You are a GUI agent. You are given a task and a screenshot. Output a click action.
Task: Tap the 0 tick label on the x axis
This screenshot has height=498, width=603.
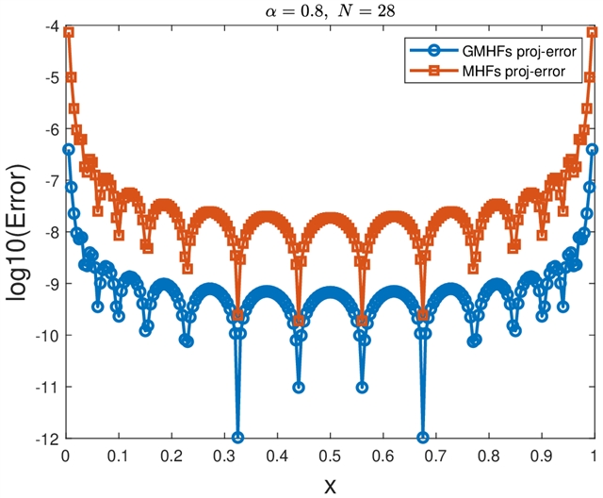pos(65,456)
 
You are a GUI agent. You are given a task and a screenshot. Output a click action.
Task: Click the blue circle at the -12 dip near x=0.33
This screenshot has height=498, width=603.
pos(237,438)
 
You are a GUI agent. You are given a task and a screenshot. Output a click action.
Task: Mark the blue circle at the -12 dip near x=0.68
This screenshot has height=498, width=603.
pos(422,438)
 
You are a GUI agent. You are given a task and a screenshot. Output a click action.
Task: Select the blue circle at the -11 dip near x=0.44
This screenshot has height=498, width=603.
pos(299,387)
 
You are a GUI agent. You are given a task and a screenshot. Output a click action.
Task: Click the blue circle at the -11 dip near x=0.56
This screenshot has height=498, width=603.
pos(362,387)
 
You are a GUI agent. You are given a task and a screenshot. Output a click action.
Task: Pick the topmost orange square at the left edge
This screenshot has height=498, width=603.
pos(69,32)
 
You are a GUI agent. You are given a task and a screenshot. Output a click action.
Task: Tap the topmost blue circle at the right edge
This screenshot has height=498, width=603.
pos(592,149)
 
